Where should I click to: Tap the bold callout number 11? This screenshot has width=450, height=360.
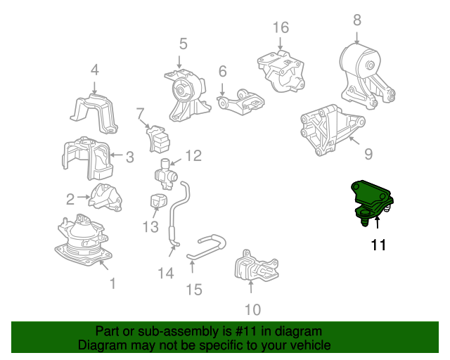(378, 245)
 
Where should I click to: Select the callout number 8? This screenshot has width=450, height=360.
(357, 20)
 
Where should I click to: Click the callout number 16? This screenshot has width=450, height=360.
(281, 27)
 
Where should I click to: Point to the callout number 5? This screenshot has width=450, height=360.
(183, 44)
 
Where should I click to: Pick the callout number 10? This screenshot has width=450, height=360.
(253, 310)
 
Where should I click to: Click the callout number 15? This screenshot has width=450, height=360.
(194, 290)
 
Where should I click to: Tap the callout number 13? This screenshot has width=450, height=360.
(150, 227)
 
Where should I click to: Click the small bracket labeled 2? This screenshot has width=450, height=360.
(105, 198)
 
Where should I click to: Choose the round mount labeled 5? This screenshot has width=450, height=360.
(187, 95)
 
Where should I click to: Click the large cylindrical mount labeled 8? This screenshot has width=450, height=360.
(367, 75)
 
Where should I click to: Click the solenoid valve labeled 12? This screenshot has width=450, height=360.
(166, 174)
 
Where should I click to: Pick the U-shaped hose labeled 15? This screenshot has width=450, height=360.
(207, 247)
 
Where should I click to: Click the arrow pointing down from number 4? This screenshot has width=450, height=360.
(95, 87)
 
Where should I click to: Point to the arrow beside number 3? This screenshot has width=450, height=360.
(116, 155)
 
